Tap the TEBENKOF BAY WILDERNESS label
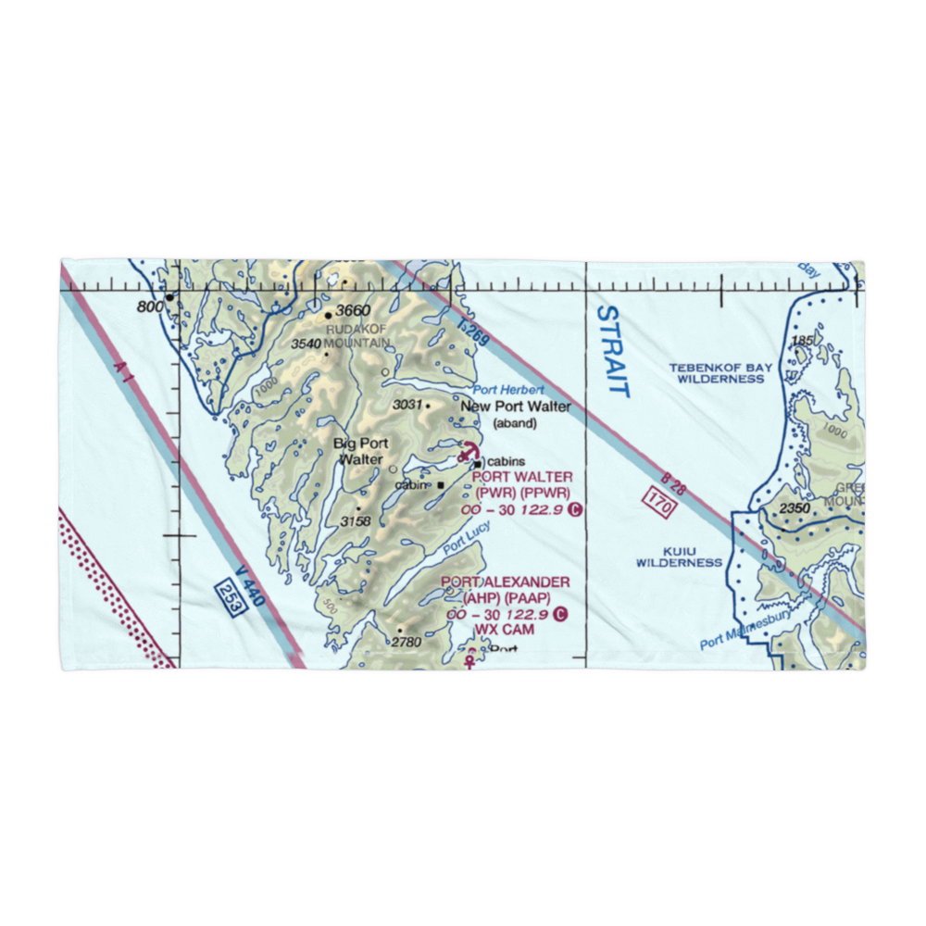pyautogui.click(x=720, y=373)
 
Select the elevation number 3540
pyautogui.click(x=306, y=344)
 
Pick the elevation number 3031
pyautogui.click(x=407, y=405)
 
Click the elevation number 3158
pyautogui.click(x=355, y=521)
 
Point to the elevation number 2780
pyautogui.click(x=406, y=642)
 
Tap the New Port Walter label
pyautogui.click(x=516, y=407)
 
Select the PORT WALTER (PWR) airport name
pyautogui.click(x=522, y=477)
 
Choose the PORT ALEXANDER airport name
pyautogui.click(x=506, y=582)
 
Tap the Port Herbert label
pyautogui.click(x=508, y=390)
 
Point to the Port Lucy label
pyautogui.click(x=466, y=539)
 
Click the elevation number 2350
pyautogui.click(x=795, y=508)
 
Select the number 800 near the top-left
pyautogui.click(x=150, y=307)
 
